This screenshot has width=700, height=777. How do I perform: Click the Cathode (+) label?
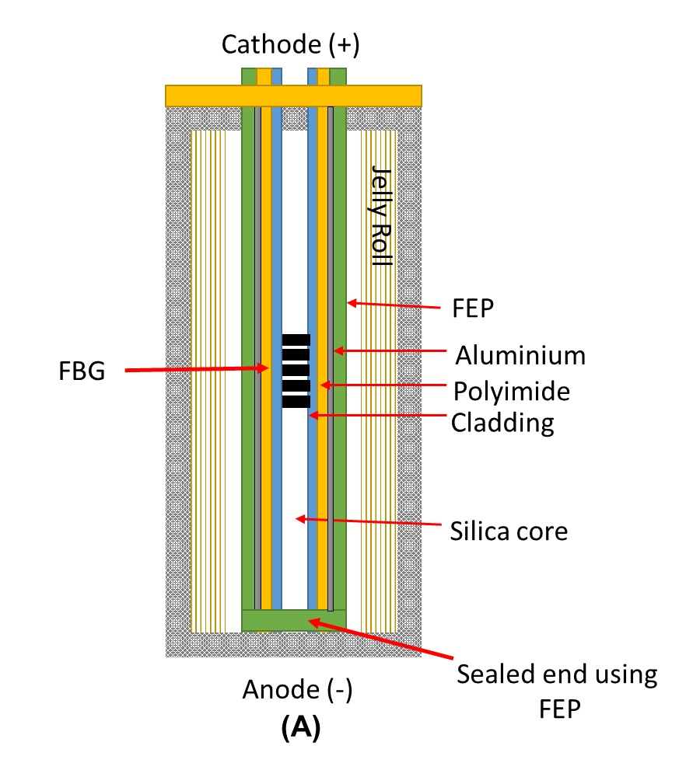[x=290, y=45]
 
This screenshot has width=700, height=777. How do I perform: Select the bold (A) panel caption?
[x=299, y=728]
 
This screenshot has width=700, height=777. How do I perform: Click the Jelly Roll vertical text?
[x=381, y=215]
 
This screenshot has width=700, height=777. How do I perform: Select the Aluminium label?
[x=520, y=356]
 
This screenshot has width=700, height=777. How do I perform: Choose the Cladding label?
[x=502, y=423]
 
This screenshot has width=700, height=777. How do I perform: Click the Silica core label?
[x=509, y=531]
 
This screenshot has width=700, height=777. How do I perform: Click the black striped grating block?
[x=296, y=371]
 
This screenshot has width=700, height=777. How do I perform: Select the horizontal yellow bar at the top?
[x=293, y=95]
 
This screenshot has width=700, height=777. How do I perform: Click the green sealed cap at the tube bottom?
[x=293, y=620]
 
